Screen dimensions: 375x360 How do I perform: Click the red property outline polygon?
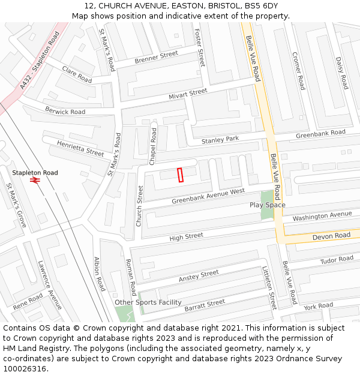pyautogui.click(x=179, y=175)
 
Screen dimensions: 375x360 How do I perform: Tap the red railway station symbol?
pyautogui.click(x=35, y=180)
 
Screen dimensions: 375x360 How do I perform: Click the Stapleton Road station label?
pyautogui.click(x=35, y=173)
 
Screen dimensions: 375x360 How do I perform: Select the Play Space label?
pyautogui.click(x=268, y=205)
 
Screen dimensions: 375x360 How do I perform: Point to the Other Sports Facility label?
pyautogui.click(x=148, y=302)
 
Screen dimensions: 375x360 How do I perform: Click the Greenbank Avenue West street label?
pyautogui.click(x=208, y=196)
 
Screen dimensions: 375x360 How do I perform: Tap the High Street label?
pyautogui.click(x=186, y=237)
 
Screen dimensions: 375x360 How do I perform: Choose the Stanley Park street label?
pyautogui.click(x=220, y=140)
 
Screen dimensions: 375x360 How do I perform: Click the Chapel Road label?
pyautogui.click(x=153, y=146)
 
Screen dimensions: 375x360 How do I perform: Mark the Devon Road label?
pyautogui.click(x=331, y=236)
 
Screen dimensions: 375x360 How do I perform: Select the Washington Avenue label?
pyautogui.click(x=322, y=216)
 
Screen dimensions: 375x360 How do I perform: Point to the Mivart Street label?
pyautogui.click(x=188, y=93)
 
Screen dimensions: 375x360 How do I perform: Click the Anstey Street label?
pyautogui.click(x=199, y=277)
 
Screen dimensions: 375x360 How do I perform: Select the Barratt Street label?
pyautogui.click(x=205, y=306)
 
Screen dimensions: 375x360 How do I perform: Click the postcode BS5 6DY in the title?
pyautogui.click(x=259, y=6)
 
